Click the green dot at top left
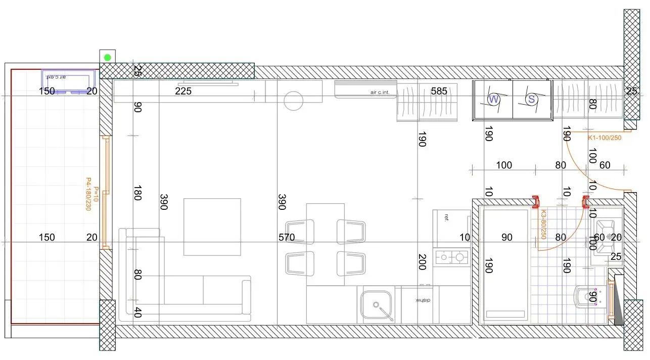coord(108,57)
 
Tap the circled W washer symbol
coord(494,99)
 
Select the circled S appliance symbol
coord(531,99)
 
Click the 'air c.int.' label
coord(382,93)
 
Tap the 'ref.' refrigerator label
coord(446,218)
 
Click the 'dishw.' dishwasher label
coord(423,300)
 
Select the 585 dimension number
coord(439,91)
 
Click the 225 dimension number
coord(183,91)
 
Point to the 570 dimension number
coord(286,237)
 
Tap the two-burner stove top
coord(451,257)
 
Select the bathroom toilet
coord(587,297)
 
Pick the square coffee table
coord(212,227)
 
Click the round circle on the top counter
coord(293,100)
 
